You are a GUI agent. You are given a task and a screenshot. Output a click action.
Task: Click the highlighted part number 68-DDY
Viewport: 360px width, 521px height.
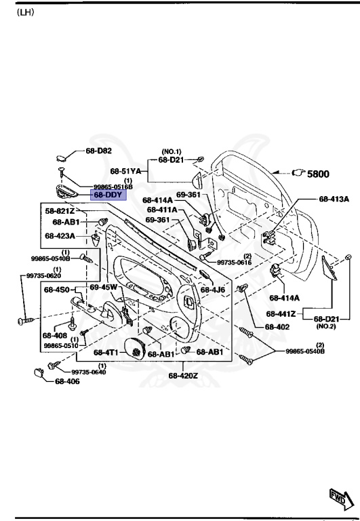[x=108, y=195]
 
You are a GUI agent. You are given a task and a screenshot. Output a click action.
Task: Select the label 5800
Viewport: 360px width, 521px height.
[x=318, y=174]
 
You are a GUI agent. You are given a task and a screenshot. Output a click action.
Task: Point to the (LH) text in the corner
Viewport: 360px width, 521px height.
[x=25, y=13]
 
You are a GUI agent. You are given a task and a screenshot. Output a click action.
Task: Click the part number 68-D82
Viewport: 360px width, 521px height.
[x=99, y=151]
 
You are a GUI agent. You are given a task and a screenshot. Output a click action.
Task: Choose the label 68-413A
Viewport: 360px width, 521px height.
[x=334, y=199]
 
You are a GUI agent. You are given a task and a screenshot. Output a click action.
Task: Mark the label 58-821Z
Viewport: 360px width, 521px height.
[x=60, y=212]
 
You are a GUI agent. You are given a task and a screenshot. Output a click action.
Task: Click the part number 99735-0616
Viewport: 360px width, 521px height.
[x=234, y=263]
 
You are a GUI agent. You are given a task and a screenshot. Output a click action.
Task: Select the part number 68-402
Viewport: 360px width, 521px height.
[x=279, y=326]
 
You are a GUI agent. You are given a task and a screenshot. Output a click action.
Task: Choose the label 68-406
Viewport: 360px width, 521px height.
[x=68, y=382]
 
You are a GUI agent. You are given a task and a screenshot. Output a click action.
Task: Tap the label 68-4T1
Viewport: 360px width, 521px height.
[x=106, y=353]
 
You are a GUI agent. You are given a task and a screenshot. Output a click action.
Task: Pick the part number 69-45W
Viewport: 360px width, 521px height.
[x=104, y=288]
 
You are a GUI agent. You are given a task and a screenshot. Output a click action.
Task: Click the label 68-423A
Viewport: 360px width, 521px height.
[x=60, y=236]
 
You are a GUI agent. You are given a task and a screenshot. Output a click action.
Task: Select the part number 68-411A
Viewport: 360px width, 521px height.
[x=162, y=210]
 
